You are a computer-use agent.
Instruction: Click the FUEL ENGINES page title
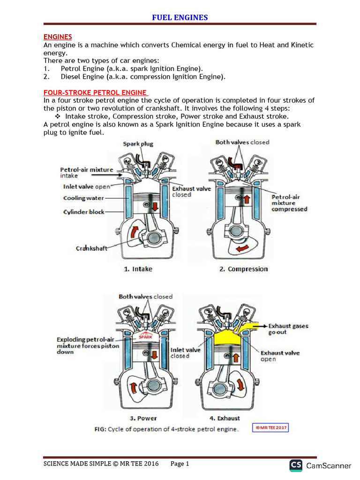coord(180,18)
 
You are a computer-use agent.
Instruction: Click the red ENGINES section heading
coord(58,37)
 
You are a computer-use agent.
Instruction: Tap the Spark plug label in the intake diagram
coord(138,144)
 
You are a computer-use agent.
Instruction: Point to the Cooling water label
coord(84,198)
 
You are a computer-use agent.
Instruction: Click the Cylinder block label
coord(84,212)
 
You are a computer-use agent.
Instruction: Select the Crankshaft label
coord(91,248)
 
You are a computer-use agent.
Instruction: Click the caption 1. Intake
coord(138,269)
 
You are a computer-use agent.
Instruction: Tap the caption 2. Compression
coord(243,269)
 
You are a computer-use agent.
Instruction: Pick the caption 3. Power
coord(143,418)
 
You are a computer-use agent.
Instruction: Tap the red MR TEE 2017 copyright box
coord(270,428)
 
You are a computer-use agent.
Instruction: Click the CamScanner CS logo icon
coord(296,465)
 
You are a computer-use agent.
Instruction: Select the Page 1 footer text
coord(180,464)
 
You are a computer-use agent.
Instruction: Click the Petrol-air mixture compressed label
coord(289,203)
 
